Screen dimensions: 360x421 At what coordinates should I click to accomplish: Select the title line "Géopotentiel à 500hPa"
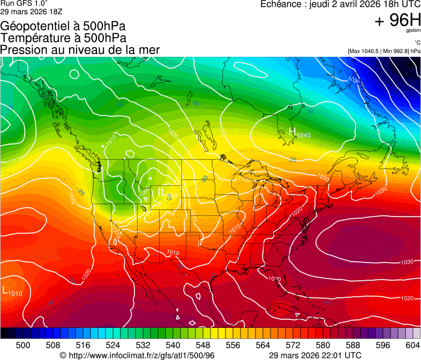tap(63, 26)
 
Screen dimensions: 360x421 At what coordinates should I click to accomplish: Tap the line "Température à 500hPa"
tap(63, 38)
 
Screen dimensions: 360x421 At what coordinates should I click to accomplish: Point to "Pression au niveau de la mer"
tap(80, 50)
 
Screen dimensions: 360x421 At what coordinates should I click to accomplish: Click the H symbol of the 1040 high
tap(292, 131)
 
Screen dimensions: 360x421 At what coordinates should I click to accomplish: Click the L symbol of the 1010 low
tap(5, 291)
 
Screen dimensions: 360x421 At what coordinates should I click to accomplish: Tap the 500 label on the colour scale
tap(23, 345)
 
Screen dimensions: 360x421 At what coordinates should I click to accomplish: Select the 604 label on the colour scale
tap(413, 345)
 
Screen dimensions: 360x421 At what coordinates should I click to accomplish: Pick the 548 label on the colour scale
tap(203, 345)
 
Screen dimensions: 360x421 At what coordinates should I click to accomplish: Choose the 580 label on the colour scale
tap(323, 345)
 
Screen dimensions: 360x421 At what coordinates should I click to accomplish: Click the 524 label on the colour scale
tap(113, 345)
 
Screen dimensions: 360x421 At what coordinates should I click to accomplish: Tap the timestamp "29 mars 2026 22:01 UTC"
tap(314, 355)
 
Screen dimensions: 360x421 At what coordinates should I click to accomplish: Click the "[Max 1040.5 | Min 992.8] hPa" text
tap(384, 51)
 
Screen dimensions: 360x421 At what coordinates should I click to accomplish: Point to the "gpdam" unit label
tap(414, 31)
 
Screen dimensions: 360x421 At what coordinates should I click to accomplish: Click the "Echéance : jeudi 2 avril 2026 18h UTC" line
tap(340, 4)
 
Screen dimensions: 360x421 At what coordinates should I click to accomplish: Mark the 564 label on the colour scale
tap(263, 345)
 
